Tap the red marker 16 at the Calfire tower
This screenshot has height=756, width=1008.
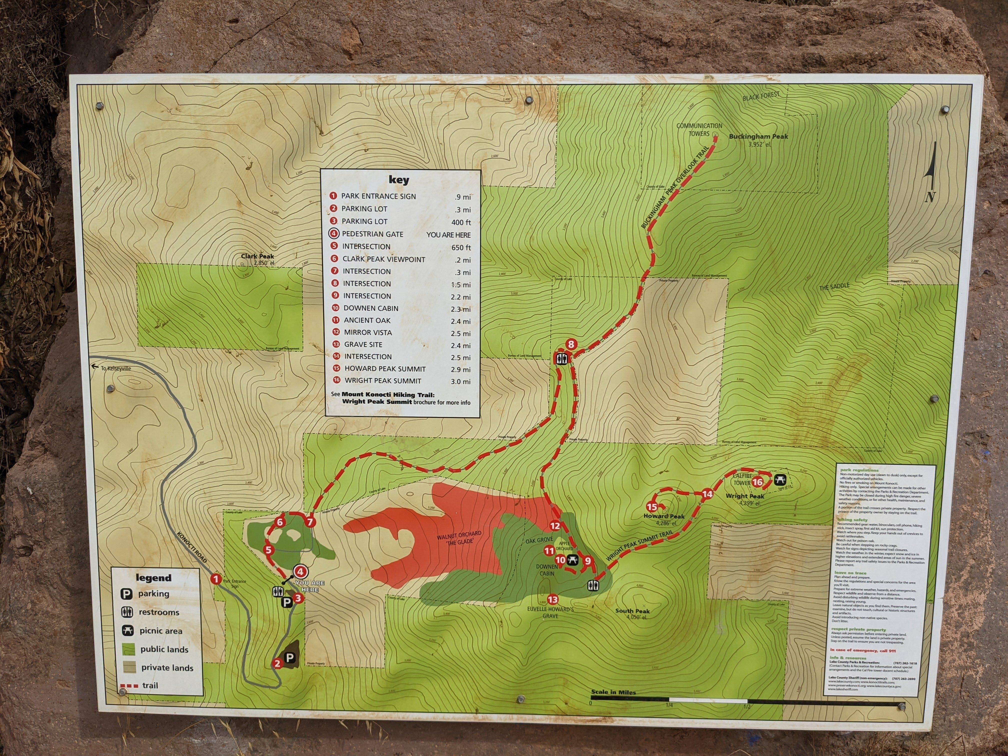click(757, 482)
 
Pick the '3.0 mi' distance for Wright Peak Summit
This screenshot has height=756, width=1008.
click(461, 382)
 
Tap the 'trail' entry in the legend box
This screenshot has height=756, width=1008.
click(150, 685)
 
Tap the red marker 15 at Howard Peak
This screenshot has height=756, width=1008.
click(652, 507)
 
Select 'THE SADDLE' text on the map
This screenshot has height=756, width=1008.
click(834, 287)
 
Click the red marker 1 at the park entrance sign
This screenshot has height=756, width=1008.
click(216, 579)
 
